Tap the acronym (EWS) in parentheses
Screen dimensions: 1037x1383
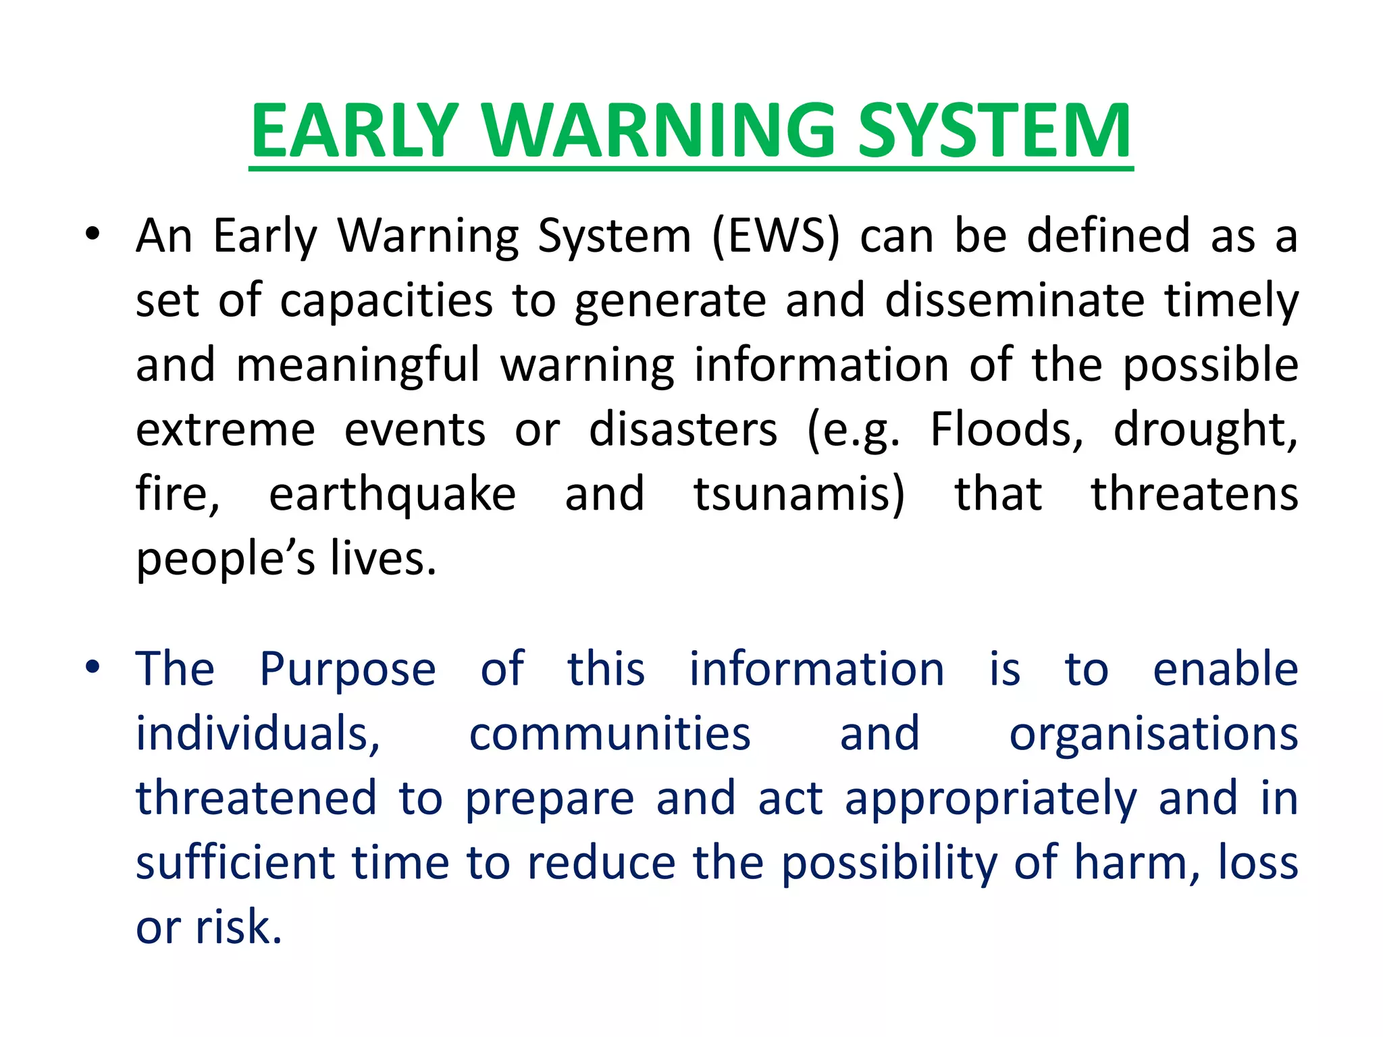coord(776,236)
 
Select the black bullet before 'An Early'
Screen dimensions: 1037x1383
coord(93,235)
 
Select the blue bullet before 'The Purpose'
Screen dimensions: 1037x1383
coord(93,668)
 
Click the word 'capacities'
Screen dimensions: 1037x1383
coord(386,300)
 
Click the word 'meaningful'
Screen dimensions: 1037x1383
coord(358,365)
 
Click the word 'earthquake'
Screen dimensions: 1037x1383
coord(392,494)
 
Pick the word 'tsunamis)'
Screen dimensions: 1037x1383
coord(799,494)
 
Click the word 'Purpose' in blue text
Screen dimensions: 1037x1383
coord(348,669)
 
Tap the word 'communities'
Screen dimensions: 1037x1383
coord(610,734)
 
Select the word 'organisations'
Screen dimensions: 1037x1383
coord(1153,734)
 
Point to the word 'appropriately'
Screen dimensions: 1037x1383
coord(991,799)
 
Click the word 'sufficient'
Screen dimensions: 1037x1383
coord(234,863)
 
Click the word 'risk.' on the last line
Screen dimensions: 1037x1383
coord(238,927)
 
